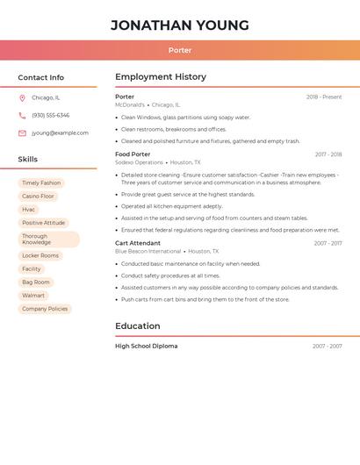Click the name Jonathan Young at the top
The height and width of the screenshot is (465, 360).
click(x=179, y=25)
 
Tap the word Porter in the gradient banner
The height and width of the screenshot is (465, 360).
click(x=179, y=50)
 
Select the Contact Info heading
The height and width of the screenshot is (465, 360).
click(x=40, y=77)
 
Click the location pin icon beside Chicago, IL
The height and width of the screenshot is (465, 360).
click(x=22, y=98)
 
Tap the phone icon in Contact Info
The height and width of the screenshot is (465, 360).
click(x=22, y=116)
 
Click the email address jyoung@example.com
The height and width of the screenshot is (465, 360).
click(x=60, y=133)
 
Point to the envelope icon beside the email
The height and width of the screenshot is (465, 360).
click(x=22, y=133)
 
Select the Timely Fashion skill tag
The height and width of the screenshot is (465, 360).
click(x=41, y=183)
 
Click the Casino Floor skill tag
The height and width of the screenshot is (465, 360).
click(x=38, y=197)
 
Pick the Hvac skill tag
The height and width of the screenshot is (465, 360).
click(x=29, y=210)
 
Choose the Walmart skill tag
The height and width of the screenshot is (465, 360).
click(x=33, y=296)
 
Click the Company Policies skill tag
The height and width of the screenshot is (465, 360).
click(x=45, y=309)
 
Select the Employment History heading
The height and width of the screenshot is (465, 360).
click(x=160, y=77)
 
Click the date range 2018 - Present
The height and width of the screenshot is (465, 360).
click(x=324, y=97)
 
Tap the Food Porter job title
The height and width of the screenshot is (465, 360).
click(x=133, y=154)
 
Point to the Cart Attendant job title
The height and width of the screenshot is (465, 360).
click(x=138, y=243)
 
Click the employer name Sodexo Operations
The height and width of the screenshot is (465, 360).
click(x=139, y=162)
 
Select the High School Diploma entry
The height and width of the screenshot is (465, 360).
click(x=146, y=347)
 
